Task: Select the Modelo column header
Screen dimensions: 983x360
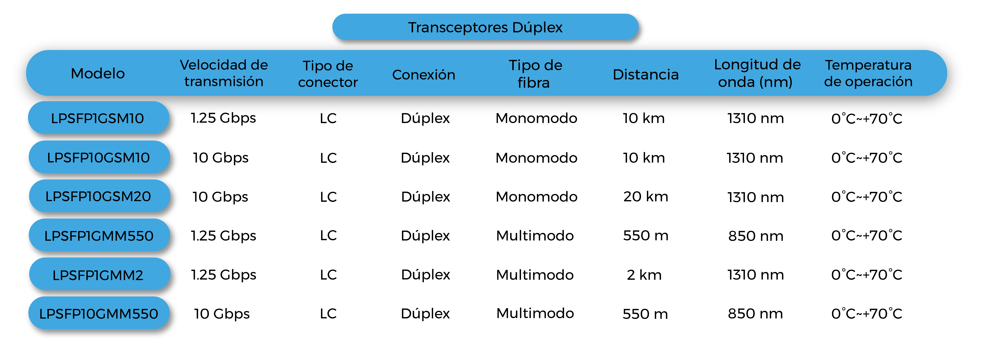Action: (98, 73)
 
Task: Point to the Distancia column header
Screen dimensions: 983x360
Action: (646, 74)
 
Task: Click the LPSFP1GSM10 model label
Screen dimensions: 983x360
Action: (98, 118)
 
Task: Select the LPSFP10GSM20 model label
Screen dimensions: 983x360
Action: (98, 197)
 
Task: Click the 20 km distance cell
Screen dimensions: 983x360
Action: (646, 197)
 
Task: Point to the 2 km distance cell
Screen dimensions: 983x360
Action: (644, 275)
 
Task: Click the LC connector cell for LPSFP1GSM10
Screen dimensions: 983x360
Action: (328, 118)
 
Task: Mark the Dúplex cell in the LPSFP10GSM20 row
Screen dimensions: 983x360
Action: (425, 197)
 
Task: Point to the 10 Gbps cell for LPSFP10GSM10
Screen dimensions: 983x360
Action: (221, 158)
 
